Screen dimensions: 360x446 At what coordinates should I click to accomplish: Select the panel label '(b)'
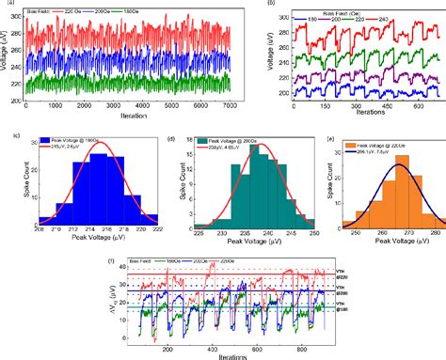(272, 4)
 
